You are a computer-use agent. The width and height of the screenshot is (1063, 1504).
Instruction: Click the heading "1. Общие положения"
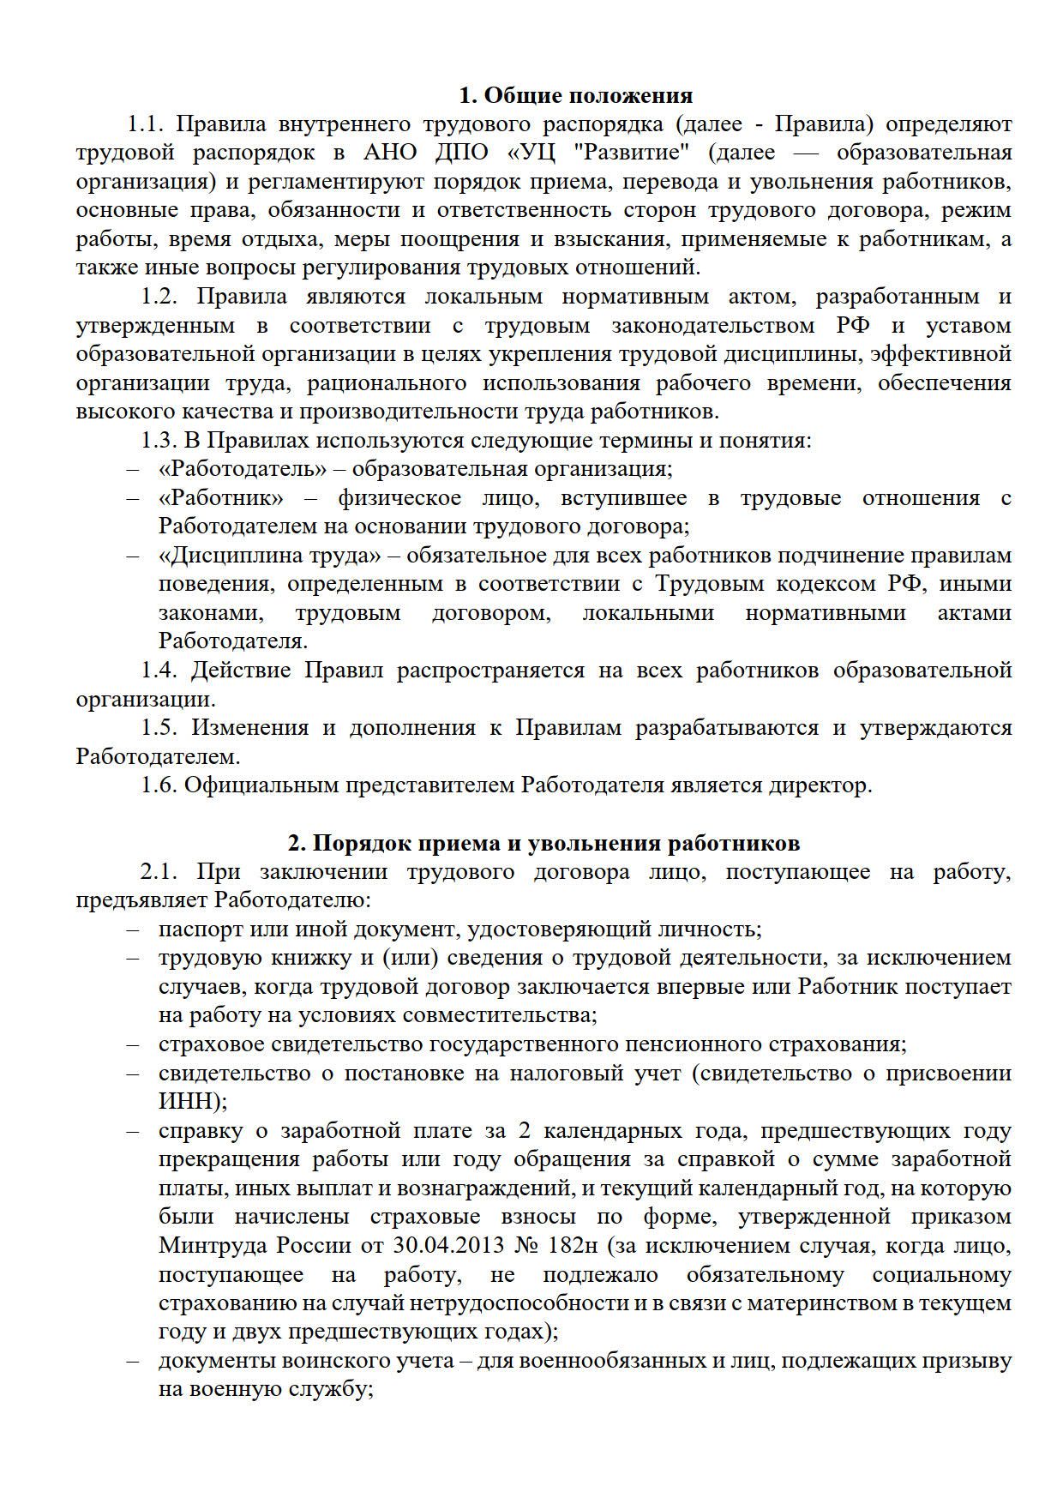coord(576,94)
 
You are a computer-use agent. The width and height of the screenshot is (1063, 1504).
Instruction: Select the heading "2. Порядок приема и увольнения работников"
coord(544,843)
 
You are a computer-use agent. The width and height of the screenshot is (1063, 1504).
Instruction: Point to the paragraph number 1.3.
coord(159,441)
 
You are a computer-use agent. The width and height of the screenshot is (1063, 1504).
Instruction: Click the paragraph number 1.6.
coord(159,785)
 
